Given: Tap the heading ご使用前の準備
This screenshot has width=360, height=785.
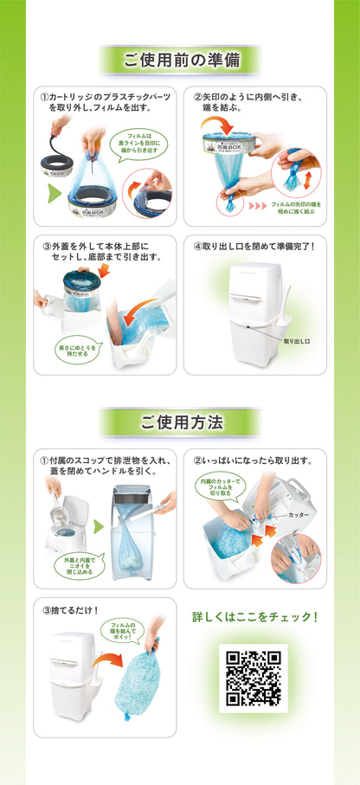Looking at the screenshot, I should (180, 61).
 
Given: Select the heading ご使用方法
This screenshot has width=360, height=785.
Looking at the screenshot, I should (180, 422).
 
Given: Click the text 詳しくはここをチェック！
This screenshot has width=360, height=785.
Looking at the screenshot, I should (254, 617).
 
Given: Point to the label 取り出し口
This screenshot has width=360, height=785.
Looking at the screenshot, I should (297, 342).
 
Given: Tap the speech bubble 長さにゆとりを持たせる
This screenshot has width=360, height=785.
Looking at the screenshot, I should (78, 350).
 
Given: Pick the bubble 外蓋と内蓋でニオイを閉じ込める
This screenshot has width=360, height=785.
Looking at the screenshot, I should (78, 564).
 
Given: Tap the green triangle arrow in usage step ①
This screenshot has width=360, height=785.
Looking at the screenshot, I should (98, 525).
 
